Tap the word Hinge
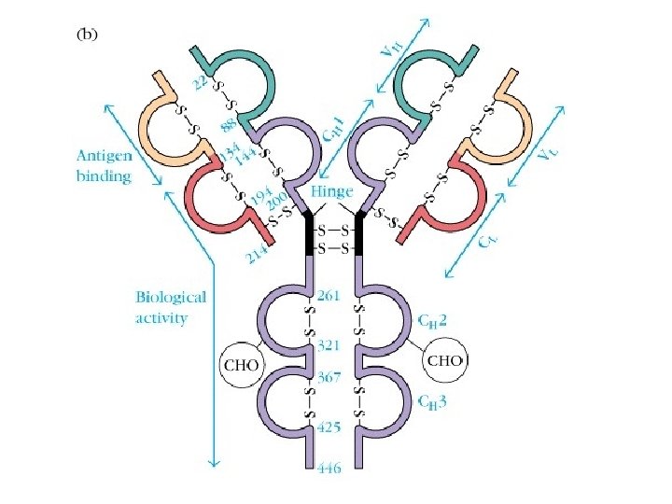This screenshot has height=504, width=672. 332,192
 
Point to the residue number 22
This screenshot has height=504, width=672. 201,83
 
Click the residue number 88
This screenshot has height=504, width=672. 227,125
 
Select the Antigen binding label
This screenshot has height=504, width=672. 104,167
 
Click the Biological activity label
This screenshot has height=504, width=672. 171,307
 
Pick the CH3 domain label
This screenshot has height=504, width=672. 430,403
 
